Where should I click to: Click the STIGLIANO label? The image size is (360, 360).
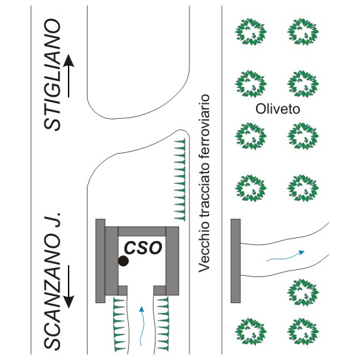52,74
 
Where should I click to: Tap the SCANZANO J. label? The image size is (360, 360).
53,282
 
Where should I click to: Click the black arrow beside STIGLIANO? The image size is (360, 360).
69,76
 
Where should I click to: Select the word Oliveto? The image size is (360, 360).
278,109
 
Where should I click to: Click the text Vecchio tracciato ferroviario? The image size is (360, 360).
204,183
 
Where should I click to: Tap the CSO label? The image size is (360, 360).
143,248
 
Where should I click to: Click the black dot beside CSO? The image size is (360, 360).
123,261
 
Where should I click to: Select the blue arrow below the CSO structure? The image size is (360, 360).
142,325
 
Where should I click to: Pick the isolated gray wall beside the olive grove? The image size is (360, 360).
236,261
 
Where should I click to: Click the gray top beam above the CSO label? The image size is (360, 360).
142,232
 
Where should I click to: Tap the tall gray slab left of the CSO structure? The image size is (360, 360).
101,261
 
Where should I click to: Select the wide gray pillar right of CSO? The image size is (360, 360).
172,261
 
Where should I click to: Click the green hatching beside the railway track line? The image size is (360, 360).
180,180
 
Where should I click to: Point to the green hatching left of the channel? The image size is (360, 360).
120,324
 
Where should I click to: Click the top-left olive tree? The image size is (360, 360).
251,32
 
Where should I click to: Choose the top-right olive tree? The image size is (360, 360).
303,32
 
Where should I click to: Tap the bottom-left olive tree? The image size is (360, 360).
251,331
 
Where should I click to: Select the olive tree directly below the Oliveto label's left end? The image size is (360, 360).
251,136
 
